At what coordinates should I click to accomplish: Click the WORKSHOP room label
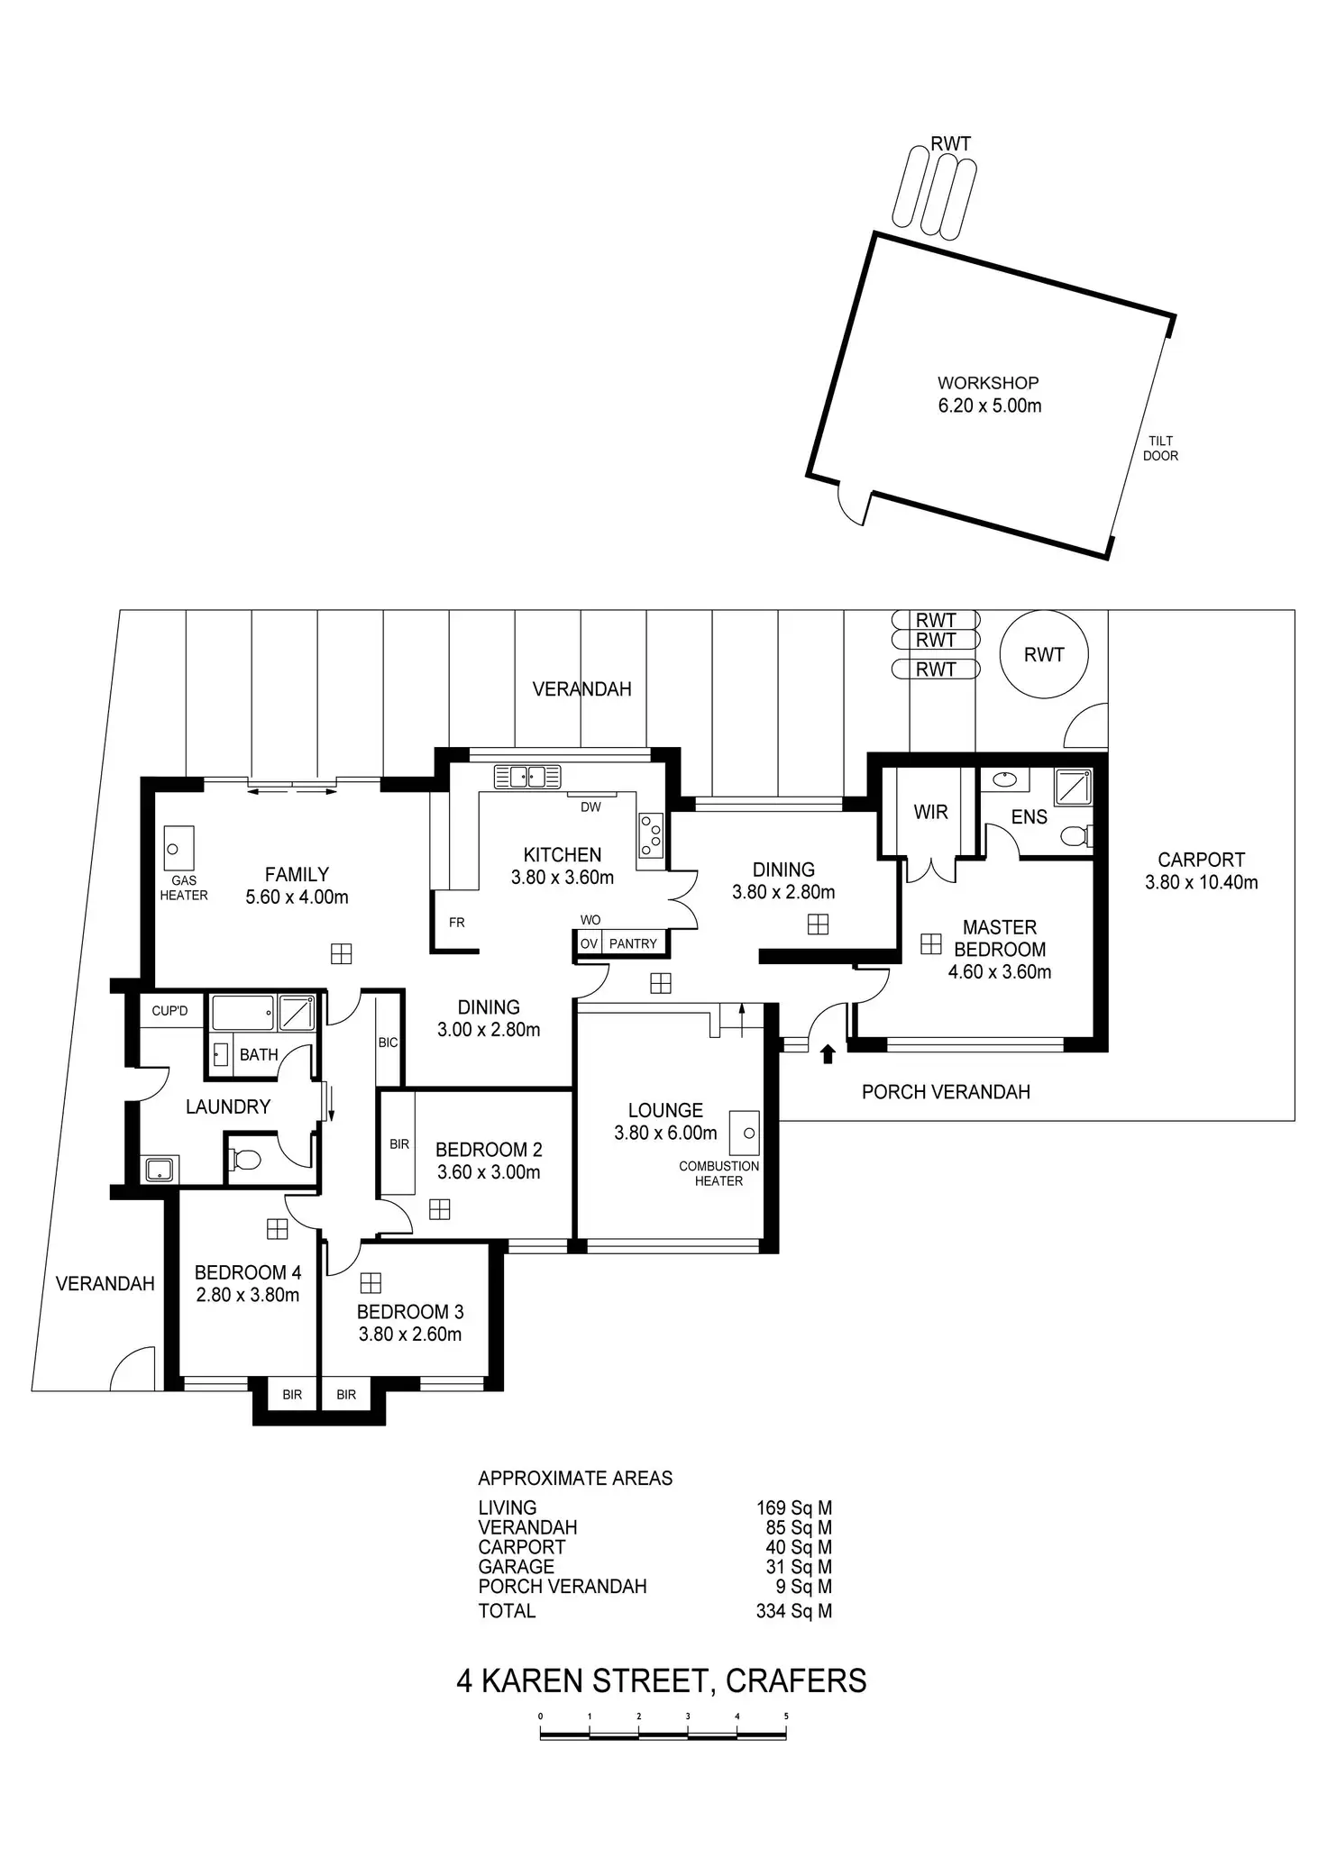click(988, 383)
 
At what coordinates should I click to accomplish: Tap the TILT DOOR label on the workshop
click(1160, 448)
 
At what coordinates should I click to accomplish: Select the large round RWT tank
click(1044, 655)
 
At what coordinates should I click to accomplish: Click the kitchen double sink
click(527, 775)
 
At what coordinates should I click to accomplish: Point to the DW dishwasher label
click(590, 807)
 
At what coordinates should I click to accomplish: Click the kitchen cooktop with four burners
click(651, 835)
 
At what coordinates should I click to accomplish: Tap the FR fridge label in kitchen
click(457, 923)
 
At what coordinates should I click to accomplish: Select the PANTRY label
click(633, 943)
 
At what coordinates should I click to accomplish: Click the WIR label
click(930, 812)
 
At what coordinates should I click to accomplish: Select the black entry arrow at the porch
click(828, 1053)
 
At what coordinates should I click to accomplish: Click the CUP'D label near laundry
click(169, 1011)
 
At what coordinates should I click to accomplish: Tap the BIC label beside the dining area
click(388, 1043)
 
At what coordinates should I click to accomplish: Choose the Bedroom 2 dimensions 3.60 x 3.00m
click(489, 1172)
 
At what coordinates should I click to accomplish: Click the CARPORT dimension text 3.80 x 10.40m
click(1201, 882)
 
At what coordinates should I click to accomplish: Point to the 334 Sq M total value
click(793, 1611)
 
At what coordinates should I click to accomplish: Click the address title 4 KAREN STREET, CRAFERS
click(661, 1680)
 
